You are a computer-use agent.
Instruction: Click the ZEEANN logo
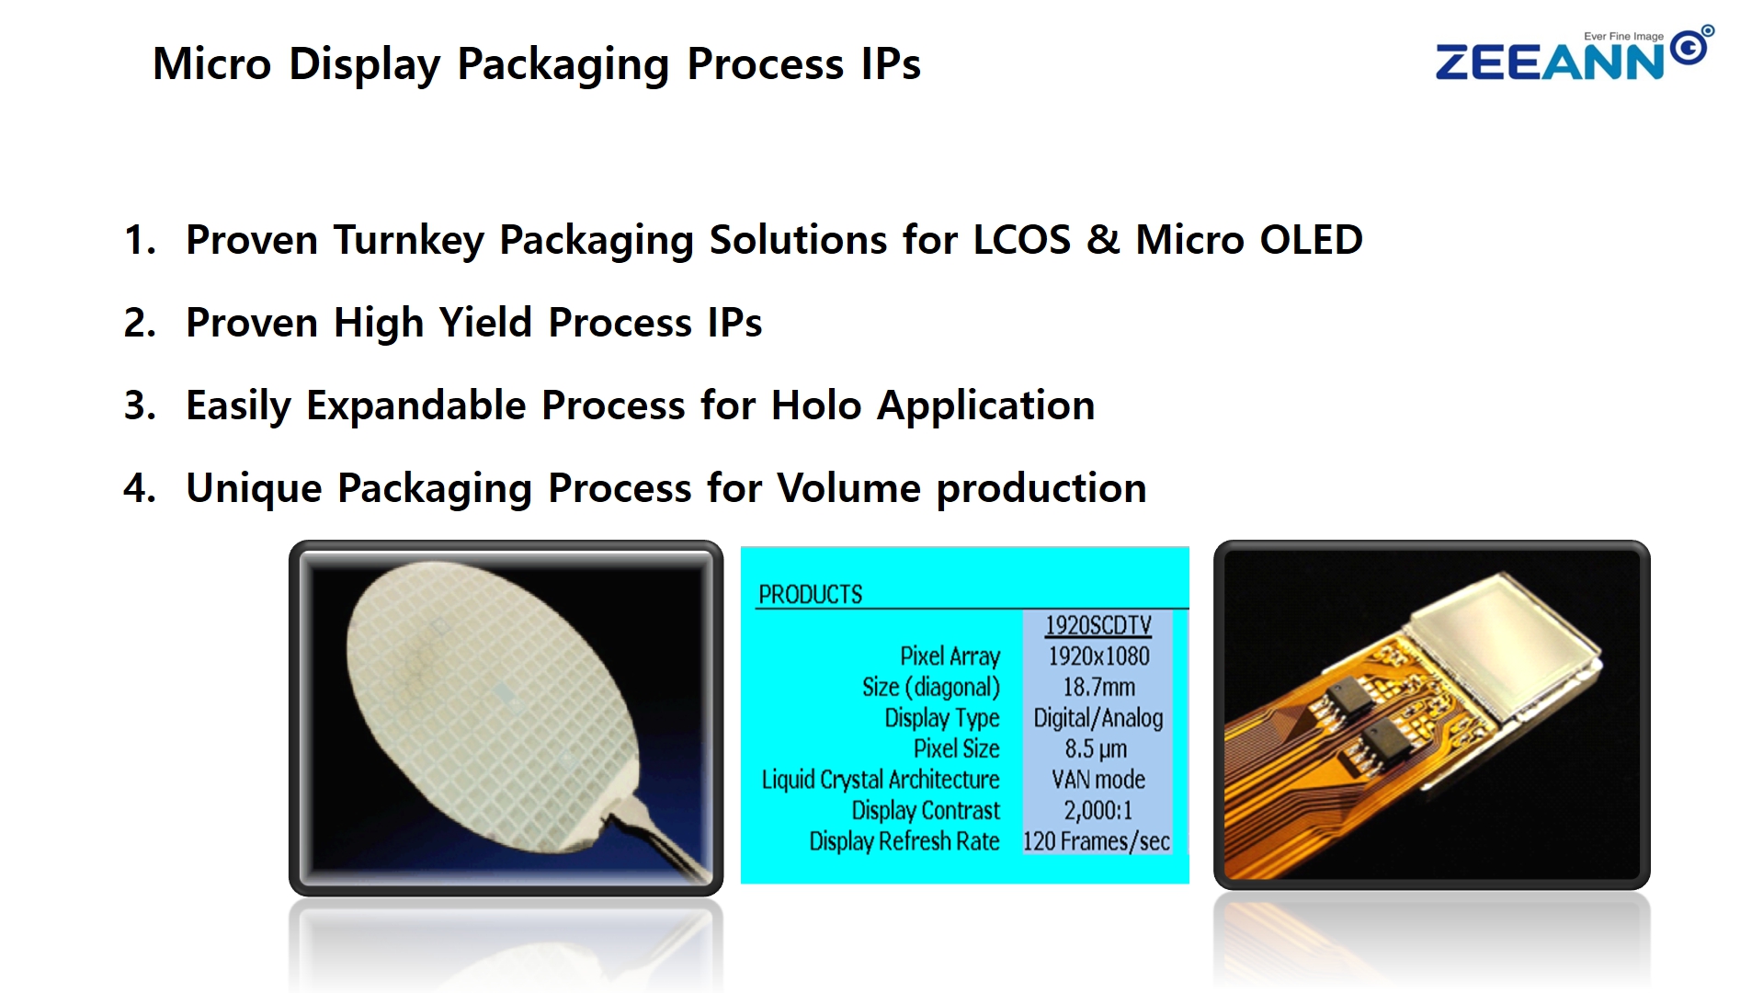click(1574, 54)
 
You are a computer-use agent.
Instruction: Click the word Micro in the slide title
click(212, 64)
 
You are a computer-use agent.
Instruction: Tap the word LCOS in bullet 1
click(1021, 240)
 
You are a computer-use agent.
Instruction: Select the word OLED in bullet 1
click(1312, 240)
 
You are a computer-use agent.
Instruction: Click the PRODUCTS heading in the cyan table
click(810, 595)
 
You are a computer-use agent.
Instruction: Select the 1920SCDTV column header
click(1098, 625)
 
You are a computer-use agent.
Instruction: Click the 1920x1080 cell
click(1098, 656)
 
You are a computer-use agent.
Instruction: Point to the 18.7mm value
click(1098, 687)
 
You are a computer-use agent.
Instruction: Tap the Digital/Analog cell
click(1098, 718)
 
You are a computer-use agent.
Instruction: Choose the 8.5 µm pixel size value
click(1096, 749)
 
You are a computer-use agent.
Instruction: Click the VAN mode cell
click(1098, 780)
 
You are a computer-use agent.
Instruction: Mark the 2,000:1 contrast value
click(1098, 811)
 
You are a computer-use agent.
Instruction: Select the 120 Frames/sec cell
click(1097, 841)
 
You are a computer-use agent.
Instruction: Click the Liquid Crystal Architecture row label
click(880, 780)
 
